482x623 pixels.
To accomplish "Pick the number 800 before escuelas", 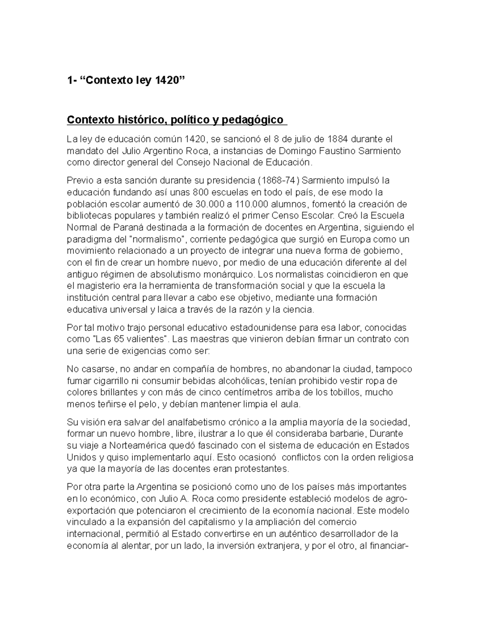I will click(201, 192).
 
